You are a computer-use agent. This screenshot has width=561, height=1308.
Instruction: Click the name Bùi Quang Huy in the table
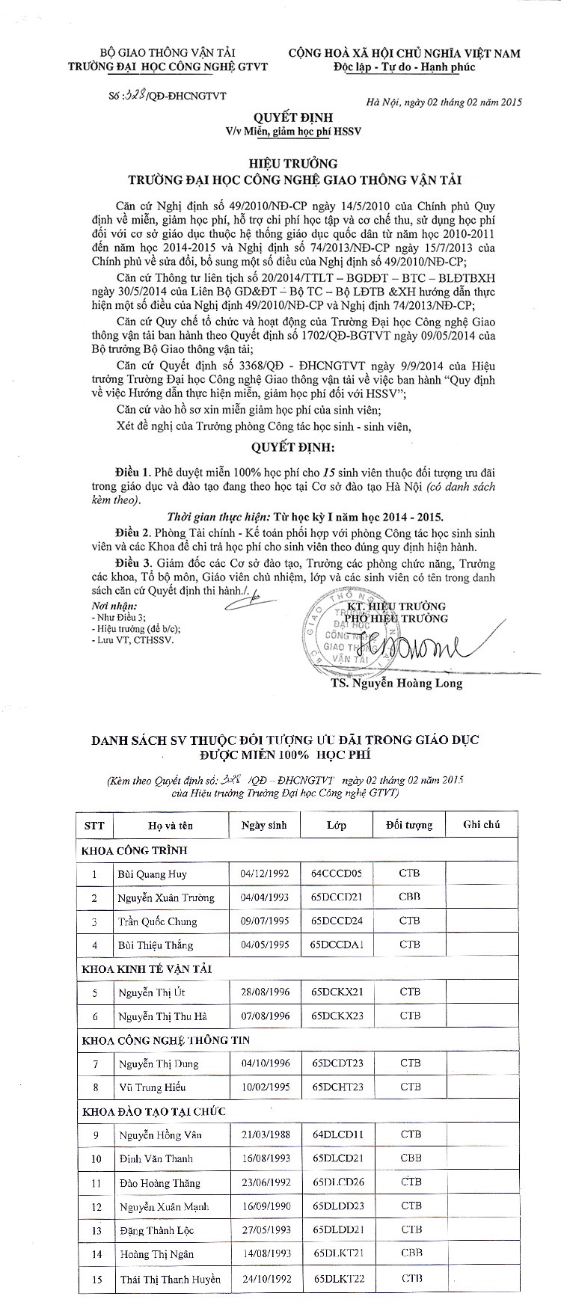point(152,873)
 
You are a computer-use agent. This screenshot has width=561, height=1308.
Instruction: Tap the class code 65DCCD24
point(337,921)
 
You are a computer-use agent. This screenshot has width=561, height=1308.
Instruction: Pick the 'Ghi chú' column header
point(481,824)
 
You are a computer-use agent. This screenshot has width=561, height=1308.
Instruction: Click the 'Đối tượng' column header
point(409,825)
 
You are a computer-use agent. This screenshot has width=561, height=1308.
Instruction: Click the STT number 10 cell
point(95,1158)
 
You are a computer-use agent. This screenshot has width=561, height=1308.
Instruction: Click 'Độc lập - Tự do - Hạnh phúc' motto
point(405,67)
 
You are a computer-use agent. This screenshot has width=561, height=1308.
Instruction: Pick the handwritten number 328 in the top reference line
point(135,96)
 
